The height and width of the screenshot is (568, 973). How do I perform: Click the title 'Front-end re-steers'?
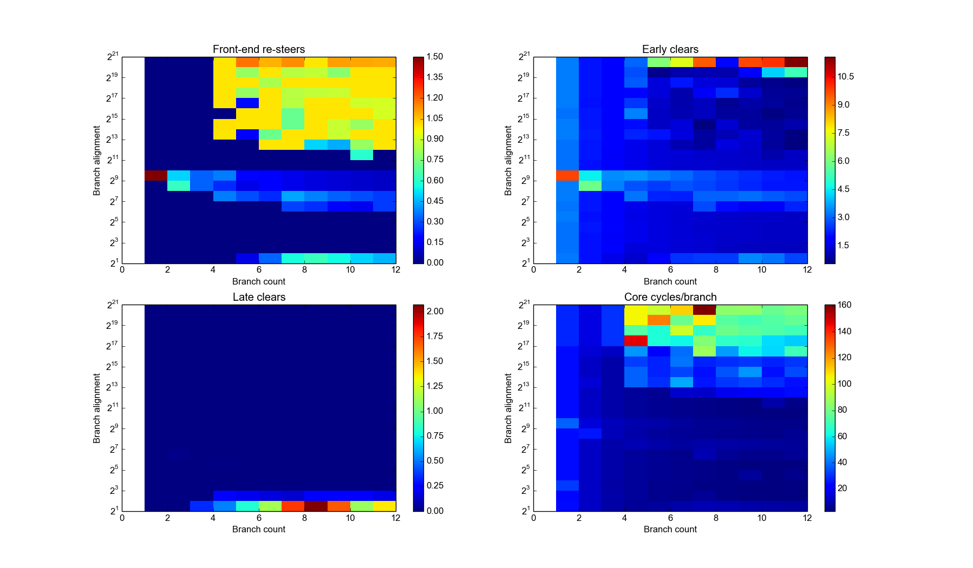pos(258,49)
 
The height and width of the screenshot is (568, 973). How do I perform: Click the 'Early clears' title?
pos(670,49)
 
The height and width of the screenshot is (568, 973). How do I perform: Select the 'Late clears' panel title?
pos(259,297)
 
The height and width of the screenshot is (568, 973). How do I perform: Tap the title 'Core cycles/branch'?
pos(670,297)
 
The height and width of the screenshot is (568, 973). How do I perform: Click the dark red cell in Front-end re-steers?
pos(156,175)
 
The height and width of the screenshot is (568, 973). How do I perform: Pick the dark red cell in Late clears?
pos(316,506)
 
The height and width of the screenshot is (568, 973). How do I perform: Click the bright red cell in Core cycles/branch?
pos(636,340)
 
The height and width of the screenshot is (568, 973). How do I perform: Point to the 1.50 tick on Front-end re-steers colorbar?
pos(434,57)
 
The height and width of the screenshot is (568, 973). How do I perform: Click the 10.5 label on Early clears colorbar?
pos(845,77)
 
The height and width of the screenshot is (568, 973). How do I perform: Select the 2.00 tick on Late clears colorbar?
pos(434,311)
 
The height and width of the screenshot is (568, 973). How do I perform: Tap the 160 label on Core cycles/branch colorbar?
pos(844,305)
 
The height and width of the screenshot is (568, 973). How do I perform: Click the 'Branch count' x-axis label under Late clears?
pos(259,529)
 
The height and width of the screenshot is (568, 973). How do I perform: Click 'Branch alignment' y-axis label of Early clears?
pos(508,160)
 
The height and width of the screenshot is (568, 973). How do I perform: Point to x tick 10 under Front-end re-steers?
pos(350,270)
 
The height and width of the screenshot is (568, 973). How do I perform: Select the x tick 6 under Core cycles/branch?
pos(670,518)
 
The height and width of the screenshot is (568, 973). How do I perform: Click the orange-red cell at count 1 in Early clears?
pos(567,175)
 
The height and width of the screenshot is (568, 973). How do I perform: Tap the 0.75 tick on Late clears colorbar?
pos(434,435)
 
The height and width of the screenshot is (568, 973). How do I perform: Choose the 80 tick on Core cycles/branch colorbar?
pos(842,410)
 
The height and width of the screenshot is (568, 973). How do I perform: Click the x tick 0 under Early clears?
pos(533,270)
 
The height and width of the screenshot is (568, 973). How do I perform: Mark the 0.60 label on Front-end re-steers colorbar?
pos(434,180)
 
